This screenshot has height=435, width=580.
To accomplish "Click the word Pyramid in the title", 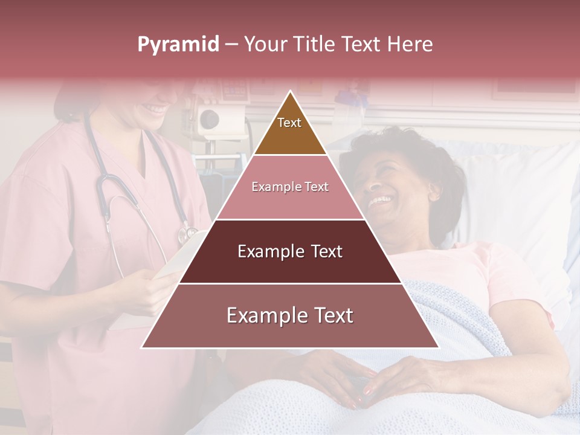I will click(x=178, y=45).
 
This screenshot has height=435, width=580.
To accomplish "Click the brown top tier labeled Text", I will click(x=289, y=130).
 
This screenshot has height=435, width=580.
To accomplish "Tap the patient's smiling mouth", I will click(x=381, y=200).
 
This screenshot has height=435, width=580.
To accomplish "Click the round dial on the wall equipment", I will click(x=209, y=118).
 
